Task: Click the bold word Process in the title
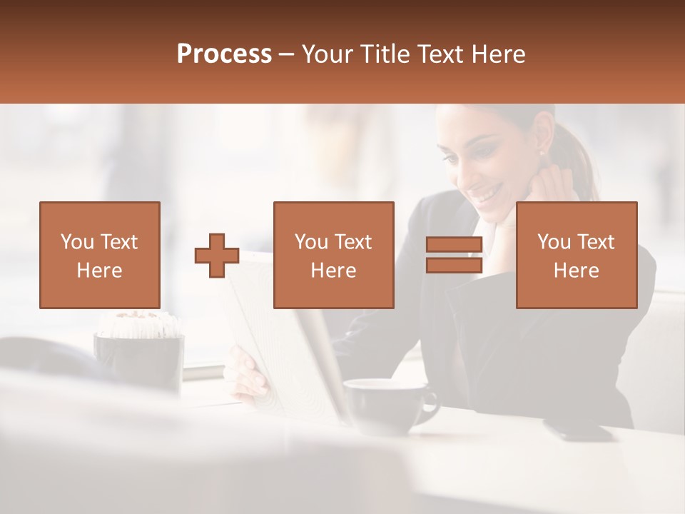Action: (x=224, y=54)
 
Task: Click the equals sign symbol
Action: (x=454, y=255)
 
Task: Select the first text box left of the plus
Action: (x=100, y=255)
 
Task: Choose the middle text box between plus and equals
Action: (x=333, y=255)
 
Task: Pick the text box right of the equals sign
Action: (x=576, y=255)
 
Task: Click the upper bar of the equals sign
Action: (x=454, y=245)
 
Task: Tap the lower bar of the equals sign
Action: (x=454, y=265)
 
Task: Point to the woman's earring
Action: (x=541, y=153)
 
